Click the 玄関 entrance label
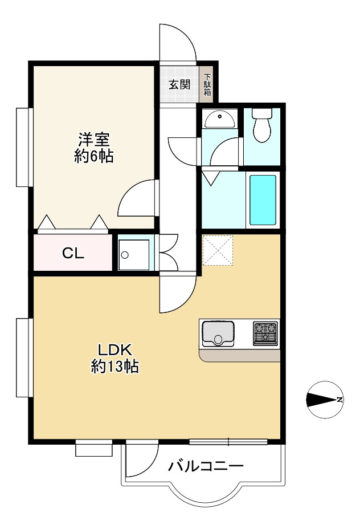click(179, 84)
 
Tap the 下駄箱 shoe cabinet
click(207, 84)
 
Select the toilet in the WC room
click(262, 125)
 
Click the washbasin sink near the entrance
click(219, 120)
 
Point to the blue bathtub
click(263, 200)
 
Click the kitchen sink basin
click(218, 334)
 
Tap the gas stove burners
click(265, 333)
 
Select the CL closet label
click(73, 253)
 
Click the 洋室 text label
click(94, 140)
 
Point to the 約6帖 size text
click(94, 156)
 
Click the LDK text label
click(115, 350)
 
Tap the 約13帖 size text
click(115, 366)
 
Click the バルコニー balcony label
click(206, 467)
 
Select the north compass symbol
click(325, 400)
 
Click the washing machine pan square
click(134, 255)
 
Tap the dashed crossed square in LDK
click(218, 250)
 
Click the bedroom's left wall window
click(24, 147)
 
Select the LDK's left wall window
click(24, 357)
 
